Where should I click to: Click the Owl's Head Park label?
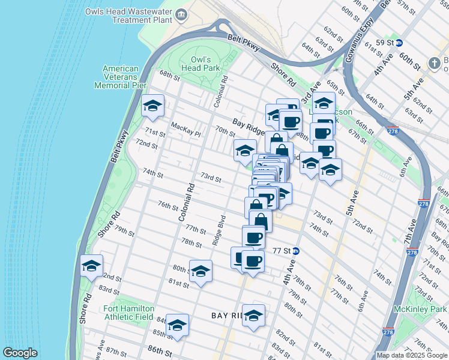(200, 64)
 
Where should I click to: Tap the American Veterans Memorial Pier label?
(120, 77)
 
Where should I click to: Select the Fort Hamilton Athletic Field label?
(129, 313)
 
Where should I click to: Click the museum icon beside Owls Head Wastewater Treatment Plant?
(181, 13)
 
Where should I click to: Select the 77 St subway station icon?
(296, 251)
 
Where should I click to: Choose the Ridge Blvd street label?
(222, 229)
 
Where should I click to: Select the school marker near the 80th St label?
(200, 271)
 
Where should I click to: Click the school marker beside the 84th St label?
(177, 325)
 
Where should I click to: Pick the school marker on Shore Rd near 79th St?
(91, 266)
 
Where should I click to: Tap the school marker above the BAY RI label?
(253, 316)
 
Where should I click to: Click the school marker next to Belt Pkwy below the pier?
(152, 107)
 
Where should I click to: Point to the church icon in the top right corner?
(434, 63)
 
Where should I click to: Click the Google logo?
(20, 353)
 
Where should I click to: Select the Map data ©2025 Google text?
(411, 355)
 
